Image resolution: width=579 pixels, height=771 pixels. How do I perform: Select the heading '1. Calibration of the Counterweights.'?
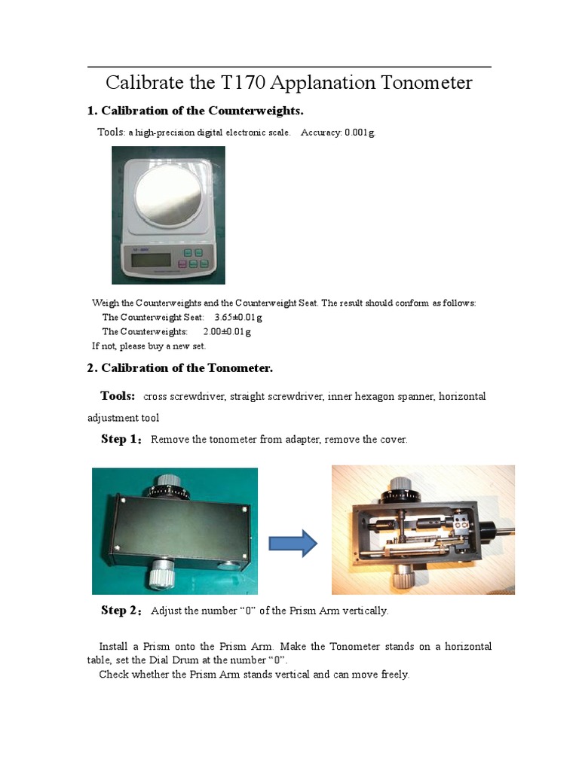(x=195, y=111)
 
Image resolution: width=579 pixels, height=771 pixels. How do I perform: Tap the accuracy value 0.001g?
(x=359, y=133)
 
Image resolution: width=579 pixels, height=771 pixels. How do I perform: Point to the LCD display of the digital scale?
(x=151, y=261)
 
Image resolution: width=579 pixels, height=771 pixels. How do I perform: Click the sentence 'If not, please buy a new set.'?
(x=149, y=346)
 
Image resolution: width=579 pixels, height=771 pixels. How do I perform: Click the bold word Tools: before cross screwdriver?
(x=118, y=396)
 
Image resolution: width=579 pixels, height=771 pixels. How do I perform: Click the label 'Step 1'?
(x=120, y=439)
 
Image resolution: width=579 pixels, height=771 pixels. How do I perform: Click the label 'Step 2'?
(x=120, y=610)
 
